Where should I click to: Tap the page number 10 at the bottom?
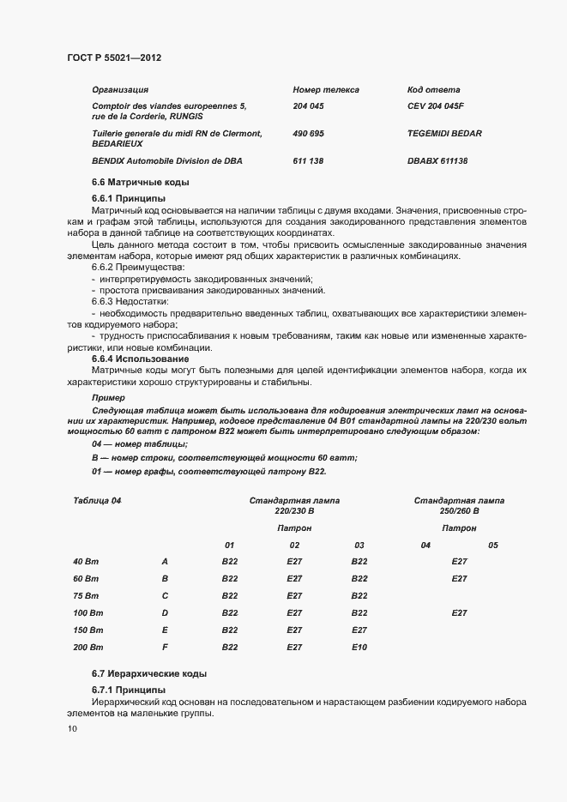pos(71,729)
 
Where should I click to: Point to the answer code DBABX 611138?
pos(437,161)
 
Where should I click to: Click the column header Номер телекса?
pos(325,89)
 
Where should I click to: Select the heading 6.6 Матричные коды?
pos(140,182)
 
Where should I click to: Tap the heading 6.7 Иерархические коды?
pos(148,672)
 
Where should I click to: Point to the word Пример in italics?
pos(108,398)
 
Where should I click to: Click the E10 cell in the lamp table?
pos(359,647)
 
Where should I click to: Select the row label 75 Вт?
pos(86,595)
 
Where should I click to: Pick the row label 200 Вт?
pos(87,647)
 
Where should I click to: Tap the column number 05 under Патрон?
pos(492,545)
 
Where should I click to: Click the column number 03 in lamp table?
pos(359,545)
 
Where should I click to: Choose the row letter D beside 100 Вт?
pos(165,612)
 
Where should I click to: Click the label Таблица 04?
pos(97,500)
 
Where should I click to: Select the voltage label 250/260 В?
pos(459,511)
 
